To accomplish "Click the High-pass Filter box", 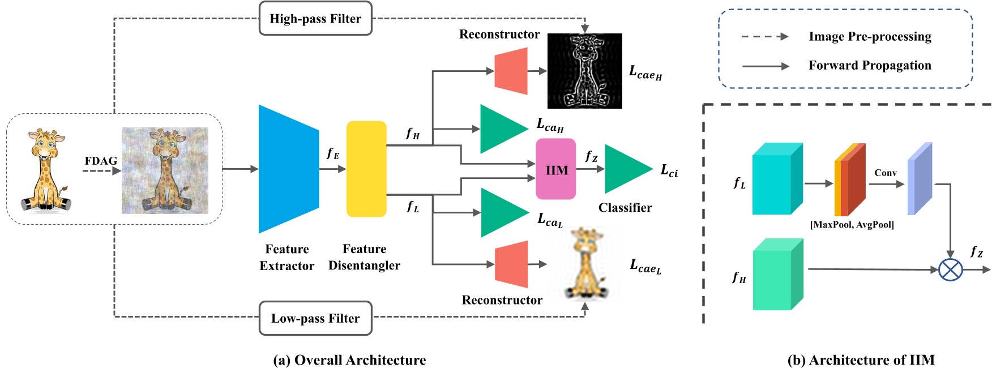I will tap(315, 19).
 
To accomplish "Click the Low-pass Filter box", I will tap(315, 318).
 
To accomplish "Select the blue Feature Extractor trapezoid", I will tap(288, 169).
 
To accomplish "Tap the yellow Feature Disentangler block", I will tap(366, 169).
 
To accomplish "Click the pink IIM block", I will tap(555, 169).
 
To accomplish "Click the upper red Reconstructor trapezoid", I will tap(511, 71).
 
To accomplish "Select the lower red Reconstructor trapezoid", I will tap(511, 264).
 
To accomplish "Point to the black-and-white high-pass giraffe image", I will tap(584, 71).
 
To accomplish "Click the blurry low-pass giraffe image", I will tap(585, 263).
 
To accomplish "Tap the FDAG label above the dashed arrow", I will tap(101, 161).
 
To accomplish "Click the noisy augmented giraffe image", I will tap(165, 170).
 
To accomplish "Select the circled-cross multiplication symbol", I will tap(950, 269).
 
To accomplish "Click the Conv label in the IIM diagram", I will tap(885, 173).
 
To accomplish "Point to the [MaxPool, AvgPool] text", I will tap(852, 225).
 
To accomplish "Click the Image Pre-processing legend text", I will tap(870, 37).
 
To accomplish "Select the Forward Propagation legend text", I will tap(870, 66).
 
